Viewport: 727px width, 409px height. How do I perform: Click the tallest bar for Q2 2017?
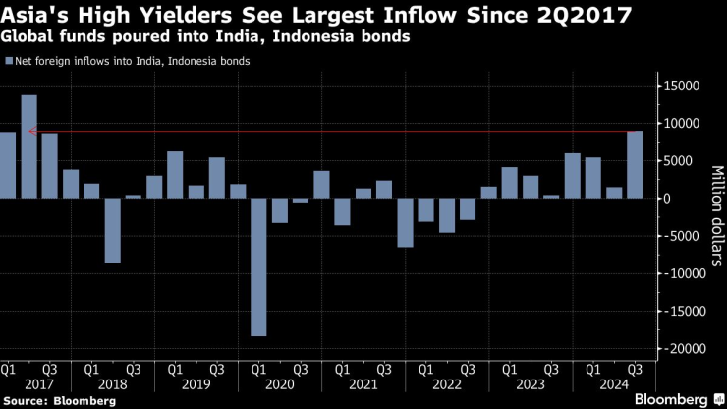click(28, 146)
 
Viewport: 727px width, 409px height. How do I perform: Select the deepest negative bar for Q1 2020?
click(258, 266)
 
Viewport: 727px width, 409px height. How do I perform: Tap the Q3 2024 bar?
click(635, 164)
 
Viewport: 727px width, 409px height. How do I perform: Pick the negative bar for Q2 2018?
click(112, 230)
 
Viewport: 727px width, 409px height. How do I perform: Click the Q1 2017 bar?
click(8, 164)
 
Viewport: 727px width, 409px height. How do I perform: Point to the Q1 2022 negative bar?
click(405, 222)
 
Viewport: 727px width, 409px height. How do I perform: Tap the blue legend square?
click(9, 61)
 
